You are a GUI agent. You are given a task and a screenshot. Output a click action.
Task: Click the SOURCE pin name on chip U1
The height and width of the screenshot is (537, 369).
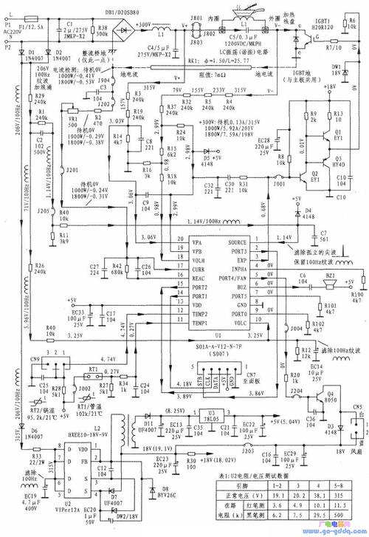click(237, 242)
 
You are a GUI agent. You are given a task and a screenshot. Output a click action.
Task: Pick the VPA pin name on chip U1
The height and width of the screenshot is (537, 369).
click(176, 242)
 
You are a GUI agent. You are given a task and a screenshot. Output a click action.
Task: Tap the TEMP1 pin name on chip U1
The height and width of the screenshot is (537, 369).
click(178, 324)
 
